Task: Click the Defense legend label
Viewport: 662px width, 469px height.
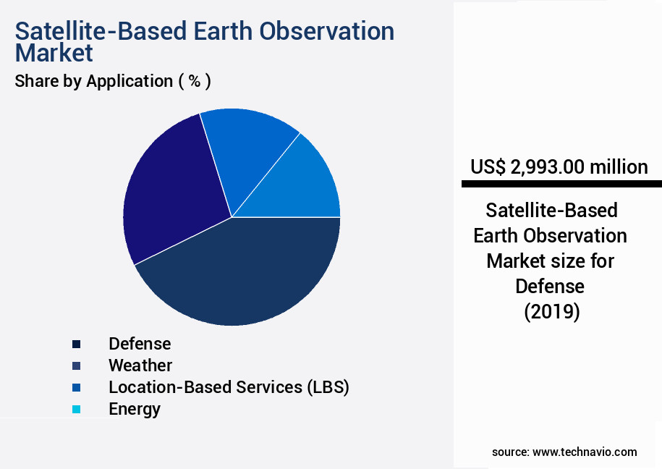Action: (x=140, y=344)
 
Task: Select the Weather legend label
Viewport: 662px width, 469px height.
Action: (x=140, y=366)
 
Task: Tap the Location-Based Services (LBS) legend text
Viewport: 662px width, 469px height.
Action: (x=229, y=387)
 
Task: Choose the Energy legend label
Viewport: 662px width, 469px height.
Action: (x=135, y=409)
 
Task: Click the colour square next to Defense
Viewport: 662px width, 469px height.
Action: (x=76, y=344)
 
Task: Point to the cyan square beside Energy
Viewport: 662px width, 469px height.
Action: (x=76, y=410)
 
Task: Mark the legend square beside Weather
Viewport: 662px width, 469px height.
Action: (x=76, y=366)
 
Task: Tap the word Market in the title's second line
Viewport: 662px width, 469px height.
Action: (x=54, y=53)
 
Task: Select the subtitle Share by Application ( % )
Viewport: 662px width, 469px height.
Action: (x=113, y=81)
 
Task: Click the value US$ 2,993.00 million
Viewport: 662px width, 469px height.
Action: (x=559, y=167)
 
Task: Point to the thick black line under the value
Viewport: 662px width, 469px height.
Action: (x=561, y=184)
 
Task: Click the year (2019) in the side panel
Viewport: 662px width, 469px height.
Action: (x=551, y=312)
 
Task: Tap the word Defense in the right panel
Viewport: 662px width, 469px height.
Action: (x=550, y=287)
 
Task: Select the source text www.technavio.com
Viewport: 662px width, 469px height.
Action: (x=585, y=452)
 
